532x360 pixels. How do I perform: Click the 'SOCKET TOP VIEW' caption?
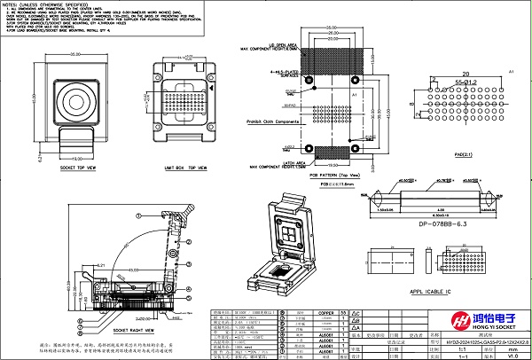coord(72,166)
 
